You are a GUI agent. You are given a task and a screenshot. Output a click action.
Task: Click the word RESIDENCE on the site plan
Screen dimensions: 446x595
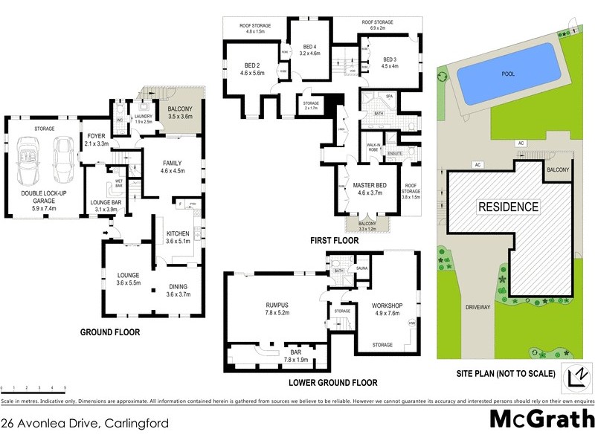507,207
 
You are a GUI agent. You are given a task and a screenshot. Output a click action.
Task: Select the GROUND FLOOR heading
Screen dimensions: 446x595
109,332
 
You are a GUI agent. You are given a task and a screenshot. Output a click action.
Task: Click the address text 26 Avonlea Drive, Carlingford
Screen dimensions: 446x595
85,424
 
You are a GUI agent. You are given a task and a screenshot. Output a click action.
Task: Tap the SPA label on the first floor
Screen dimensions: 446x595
388,97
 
